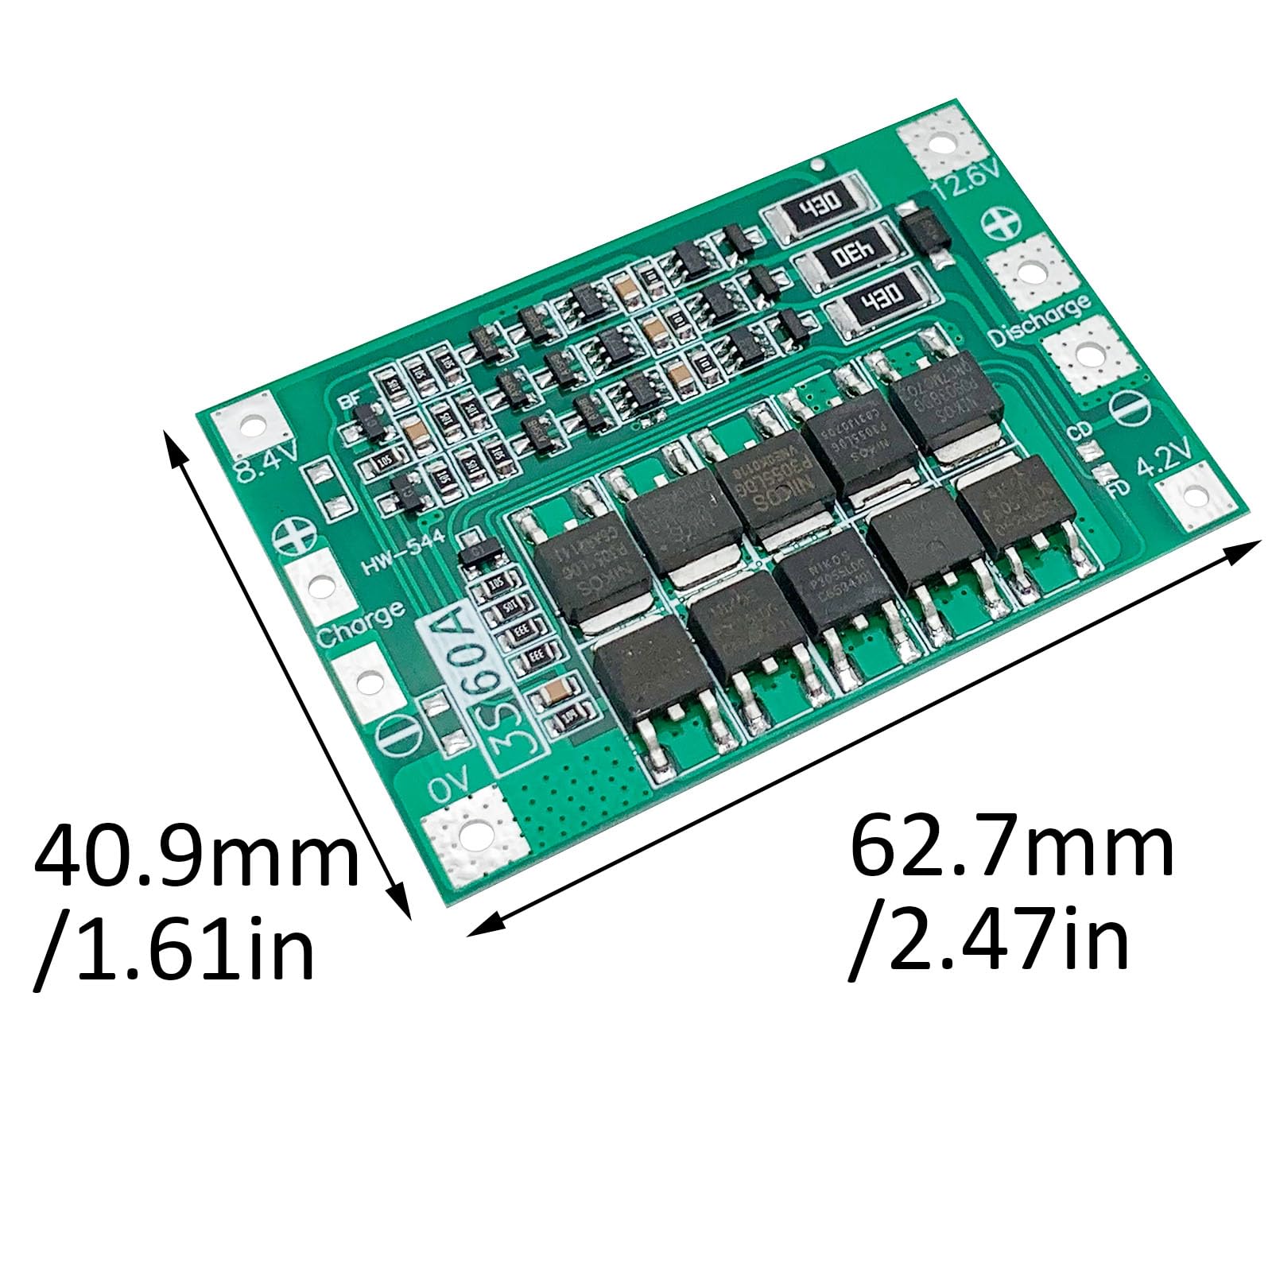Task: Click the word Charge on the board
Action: coord(360,622)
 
